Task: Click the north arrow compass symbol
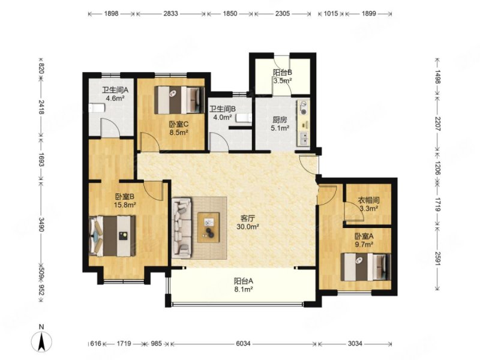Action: (x=41, y=341)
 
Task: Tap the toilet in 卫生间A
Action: (x=97, y=108)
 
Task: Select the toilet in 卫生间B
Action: (x=244, y=118)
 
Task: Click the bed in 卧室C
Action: (x=179, y=100)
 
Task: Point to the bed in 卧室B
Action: (x=112, y=236)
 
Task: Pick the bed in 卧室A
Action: (x=366, y=266)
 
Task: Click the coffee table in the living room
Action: (x=208, y=228)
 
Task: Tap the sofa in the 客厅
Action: (x=182, y=228)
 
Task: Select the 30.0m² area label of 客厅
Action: (x=248, y=227)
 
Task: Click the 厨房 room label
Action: (x=280, y=119)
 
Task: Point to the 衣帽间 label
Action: (x=369, y=200)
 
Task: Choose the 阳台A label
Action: (x=244, y=281)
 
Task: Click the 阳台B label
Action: (x=282, y=73)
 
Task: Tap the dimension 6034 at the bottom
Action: (x=243, y=344)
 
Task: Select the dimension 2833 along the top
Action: (x=170, y=14)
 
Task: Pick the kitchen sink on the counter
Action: (x=304, y=139)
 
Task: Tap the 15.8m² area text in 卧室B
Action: (x=125, y=205)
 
